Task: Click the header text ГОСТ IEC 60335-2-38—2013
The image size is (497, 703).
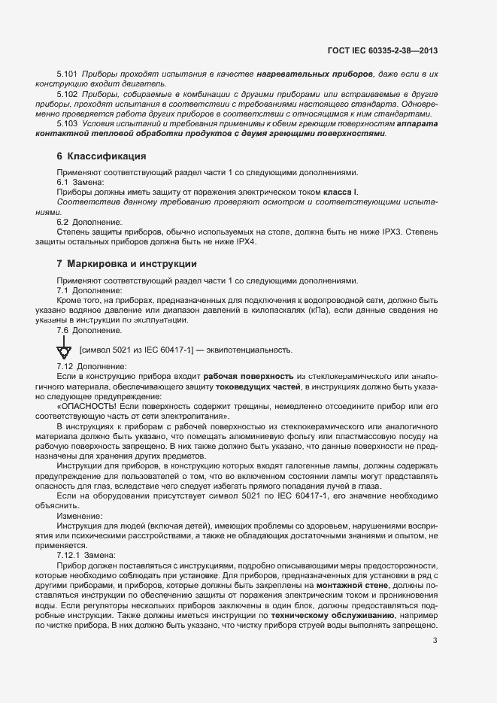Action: click(383, 51)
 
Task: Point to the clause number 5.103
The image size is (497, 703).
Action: click(68, 123)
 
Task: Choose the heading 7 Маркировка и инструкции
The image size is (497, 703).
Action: click(117, 264)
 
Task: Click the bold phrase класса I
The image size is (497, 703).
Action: click(341, 192)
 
